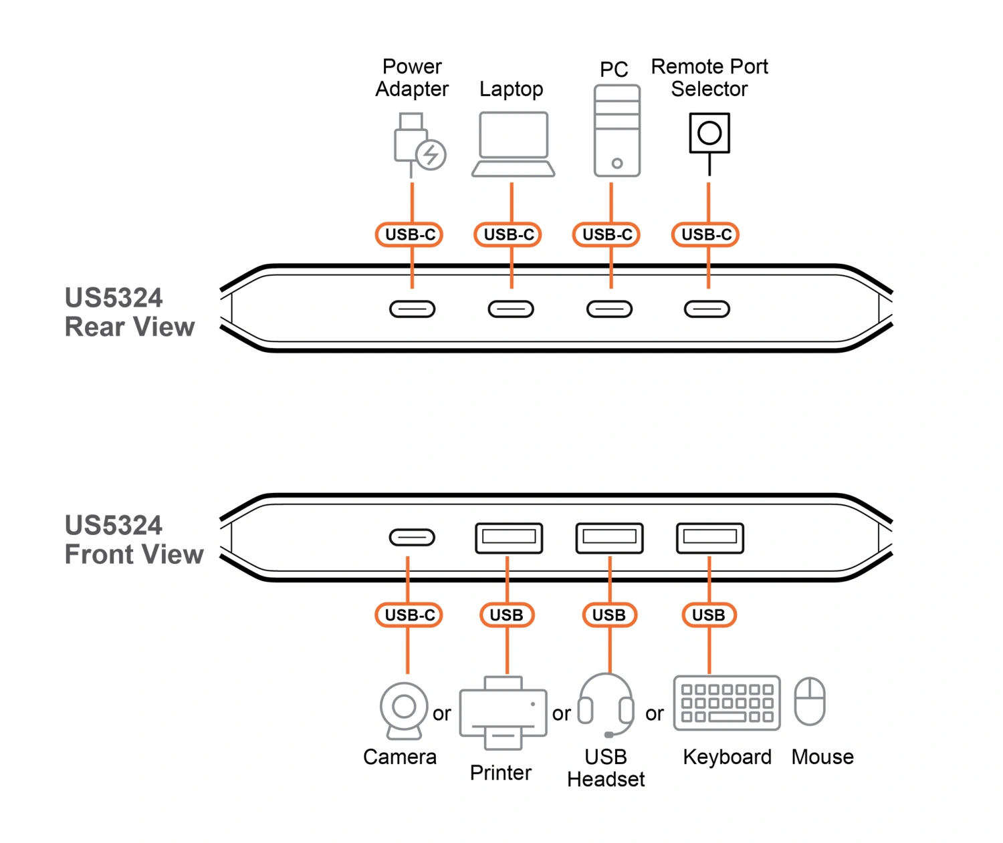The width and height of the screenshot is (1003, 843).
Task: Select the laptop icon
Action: [x=513, y=144]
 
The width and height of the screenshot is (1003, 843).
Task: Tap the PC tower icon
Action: [x=617, y=132]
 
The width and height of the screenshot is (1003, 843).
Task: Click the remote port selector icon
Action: [x=709, y=133]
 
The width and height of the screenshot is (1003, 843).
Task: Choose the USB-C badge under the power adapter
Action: [x=409, y=234]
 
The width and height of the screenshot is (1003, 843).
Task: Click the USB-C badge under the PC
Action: [x=606, y=234]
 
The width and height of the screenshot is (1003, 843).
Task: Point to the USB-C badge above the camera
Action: [x=409, y=615]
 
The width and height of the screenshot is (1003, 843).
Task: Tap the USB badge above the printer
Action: [x=507, y=615]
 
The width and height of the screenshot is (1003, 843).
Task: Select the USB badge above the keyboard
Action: [x=709, y=615]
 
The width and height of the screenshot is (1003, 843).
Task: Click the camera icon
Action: [x=403, y=709]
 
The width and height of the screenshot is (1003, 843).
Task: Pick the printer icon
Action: [x=503, y=712]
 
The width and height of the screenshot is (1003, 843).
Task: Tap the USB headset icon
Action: [x=606, y=705]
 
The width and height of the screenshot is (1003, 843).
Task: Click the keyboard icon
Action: [x=727, y=701]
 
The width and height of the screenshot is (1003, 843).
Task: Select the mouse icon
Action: [x=810, y=701]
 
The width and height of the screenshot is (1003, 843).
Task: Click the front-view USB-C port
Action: [x=412, y=537]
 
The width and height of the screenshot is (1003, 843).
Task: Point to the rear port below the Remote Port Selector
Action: [x=707, y=309]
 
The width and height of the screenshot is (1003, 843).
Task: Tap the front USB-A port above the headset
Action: [x=609, y=538]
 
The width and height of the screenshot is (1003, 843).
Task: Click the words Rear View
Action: [x=130, y=327]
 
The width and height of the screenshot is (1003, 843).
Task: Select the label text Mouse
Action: [x=822, y=757]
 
